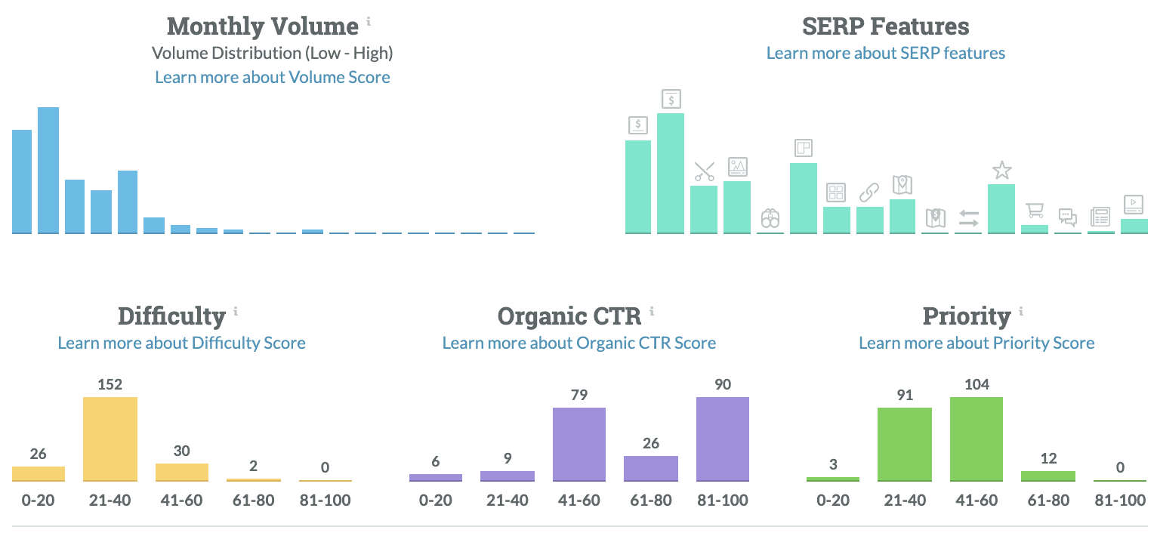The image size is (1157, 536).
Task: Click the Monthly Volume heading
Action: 262,26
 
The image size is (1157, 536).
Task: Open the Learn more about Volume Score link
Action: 273,77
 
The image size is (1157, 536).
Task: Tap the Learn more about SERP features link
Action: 885,53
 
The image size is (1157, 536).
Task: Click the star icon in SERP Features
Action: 1001,171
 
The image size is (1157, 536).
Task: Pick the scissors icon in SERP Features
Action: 704,171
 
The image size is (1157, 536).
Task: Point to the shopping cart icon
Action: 1034,211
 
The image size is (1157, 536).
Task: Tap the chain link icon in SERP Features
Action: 869,193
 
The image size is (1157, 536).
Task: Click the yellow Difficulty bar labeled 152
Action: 110,439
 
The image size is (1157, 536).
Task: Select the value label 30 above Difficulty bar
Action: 181,451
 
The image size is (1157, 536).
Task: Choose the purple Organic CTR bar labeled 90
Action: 722,439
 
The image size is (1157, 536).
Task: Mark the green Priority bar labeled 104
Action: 977,439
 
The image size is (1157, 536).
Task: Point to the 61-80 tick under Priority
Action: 1048,500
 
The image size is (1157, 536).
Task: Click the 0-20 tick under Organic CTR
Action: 436,500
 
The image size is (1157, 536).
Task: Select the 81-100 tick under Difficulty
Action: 325,500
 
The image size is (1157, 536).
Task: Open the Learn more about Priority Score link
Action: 976,343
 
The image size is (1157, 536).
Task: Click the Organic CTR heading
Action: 569,316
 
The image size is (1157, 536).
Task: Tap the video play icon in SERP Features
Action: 1134,204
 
